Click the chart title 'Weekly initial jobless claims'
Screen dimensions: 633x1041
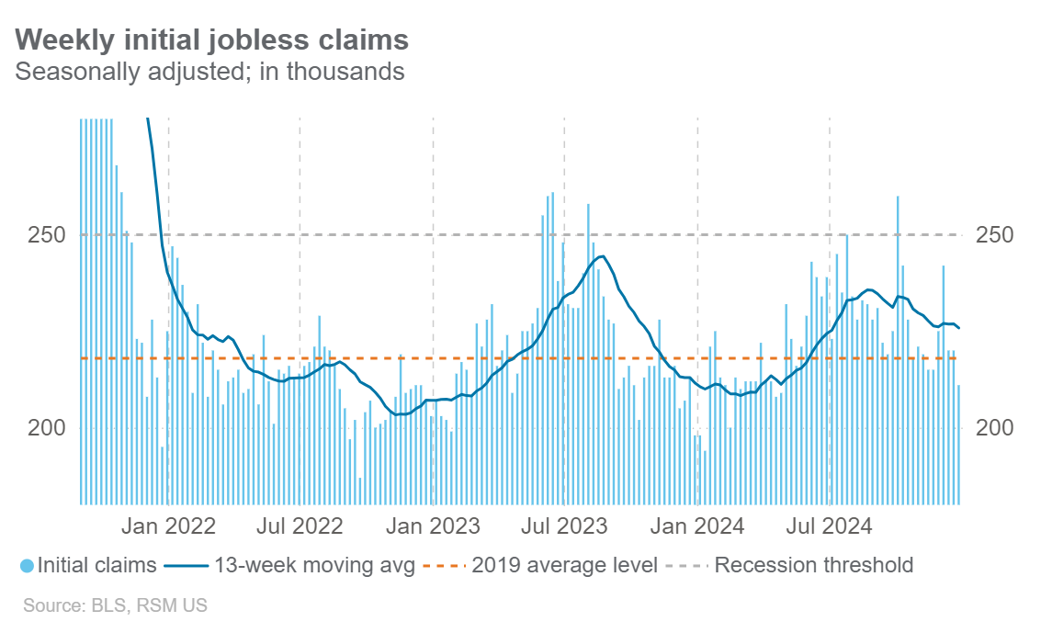(212, 40)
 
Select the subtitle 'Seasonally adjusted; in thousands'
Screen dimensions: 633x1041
(209, 71)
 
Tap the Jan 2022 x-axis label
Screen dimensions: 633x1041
(170, 526)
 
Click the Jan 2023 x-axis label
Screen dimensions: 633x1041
(433, 526)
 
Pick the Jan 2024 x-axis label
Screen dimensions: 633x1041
(697, 526)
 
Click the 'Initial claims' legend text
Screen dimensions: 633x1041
(97, 565)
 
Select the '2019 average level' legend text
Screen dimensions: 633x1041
(564, 565)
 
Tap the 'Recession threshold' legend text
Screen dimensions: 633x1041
(813, 565)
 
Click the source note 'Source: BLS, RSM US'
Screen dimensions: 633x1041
(115, 605)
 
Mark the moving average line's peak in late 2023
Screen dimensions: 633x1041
(600, 256)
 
